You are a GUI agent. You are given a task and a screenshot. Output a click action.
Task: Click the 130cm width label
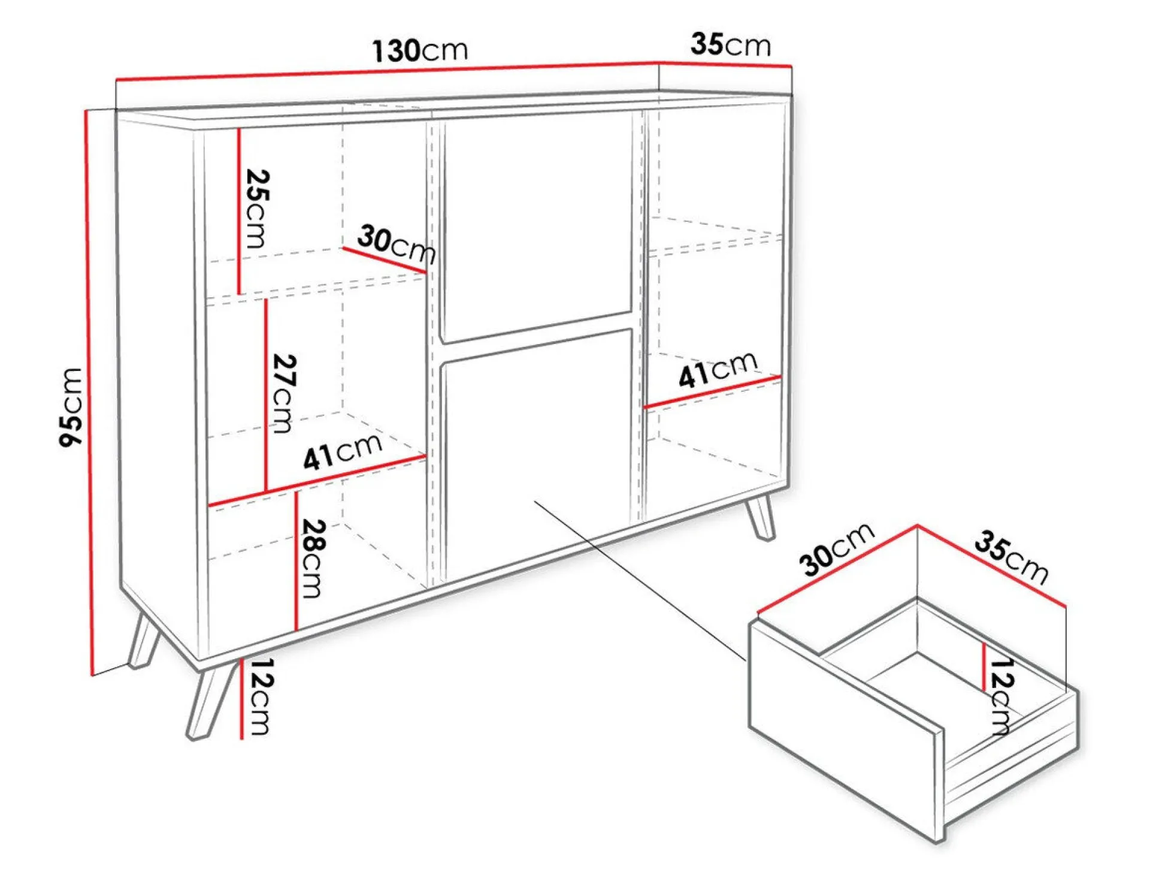[x=419, y=50]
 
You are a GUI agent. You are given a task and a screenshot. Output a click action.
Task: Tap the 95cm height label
[x=71, y=407]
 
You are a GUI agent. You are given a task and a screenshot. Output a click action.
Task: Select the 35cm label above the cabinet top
[x=730, y=45]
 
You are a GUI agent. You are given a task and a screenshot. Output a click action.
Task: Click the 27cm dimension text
[x=284, y=393]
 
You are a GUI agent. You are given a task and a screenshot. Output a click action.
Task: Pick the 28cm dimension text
[x=313, y=558]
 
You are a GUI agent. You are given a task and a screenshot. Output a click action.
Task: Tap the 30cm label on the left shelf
[x=397, y=243]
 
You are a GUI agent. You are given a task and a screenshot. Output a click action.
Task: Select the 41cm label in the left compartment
[x=343, y=451]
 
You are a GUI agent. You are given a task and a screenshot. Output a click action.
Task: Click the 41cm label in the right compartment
[x=718, y=369]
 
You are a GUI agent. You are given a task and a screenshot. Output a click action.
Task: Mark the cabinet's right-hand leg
[x=759, y=517]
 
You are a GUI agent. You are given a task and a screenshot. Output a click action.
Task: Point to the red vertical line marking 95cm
[x=89, y=393]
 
